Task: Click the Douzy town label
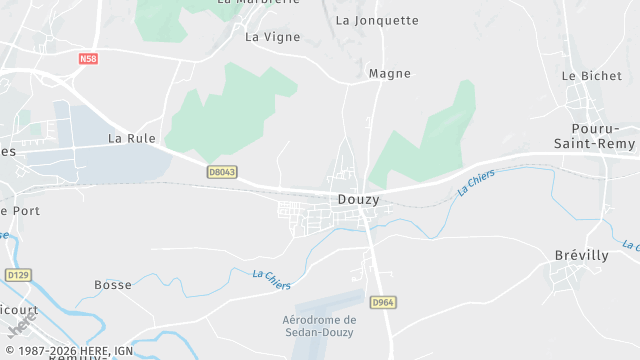click(x=358, y=199)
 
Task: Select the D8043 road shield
click(x=222, y=172)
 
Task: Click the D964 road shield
click(x=381, y=302)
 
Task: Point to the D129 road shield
click(x=18, y=274)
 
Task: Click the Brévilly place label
click(x=581, y=255)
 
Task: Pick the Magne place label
click(x=390, y=73)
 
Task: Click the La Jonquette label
click(x=377, y=20)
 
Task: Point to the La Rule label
click(x=132, y=138)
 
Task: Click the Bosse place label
click(x=113, y=285)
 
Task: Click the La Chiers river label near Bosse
click(x=272, y=280)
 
